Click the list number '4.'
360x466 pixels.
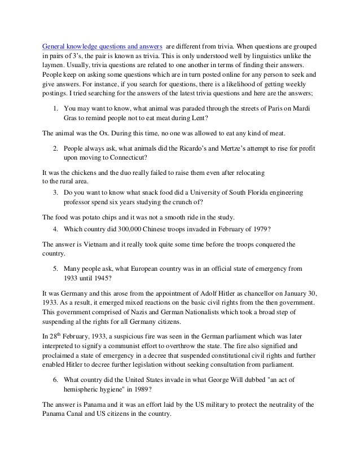pos(56,230)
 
